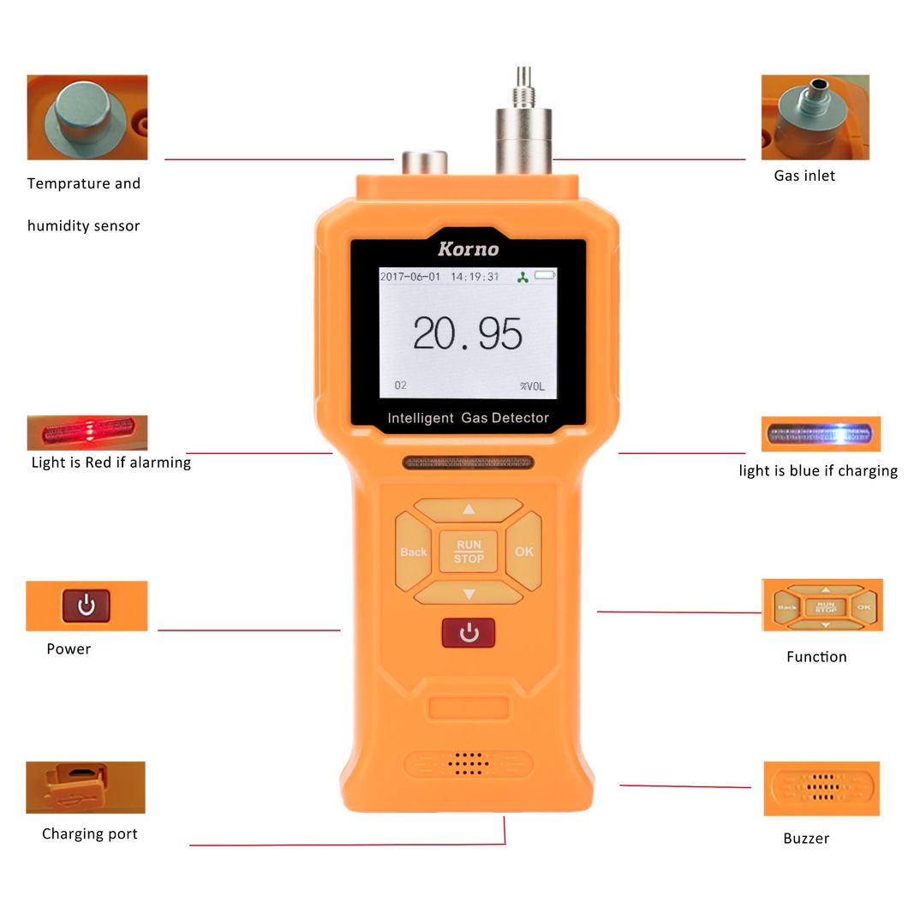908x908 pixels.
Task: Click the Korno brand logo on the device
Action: (468, 249)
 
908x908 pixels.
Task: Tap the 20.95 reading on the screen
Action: (467, 333)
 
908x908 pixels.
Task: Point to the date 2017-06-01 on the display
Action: (409, 277)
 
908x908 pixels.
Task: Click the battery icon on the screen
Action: (545, 276)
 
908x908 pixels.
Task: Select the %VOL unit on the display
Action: (532, 385)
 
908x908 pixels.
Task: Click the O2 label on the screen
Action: (400, 385)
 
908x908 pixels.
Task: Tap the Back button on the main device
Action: (413, 552)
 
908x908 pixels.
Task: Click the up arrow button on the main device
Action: (468, 509)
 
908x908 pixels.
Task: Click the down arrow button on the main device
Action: (468, 594)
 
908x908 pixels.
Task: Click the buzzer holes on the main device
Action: (469, 762)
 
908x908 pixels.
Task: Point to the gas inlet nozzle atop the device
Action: (523, 120)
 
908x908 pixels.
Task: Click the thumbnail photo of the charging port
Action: (85, 787)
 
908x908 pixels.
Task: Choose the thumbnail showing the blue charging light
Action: (821, 433)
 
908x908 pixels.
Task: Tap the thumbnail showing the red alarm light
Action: (87, 433)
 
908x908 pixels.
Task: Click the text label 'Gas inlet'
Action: (803, 176)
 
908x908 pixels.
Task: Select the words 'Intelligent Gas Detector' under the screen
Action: (468, 418)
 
